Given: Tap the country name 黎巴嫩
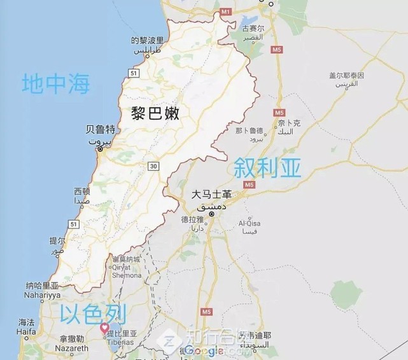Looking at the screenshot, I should pyautogui.click(x=156, y=114).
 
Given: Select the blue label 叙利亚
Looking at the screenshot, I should pyautogui.click(x=267, y=168).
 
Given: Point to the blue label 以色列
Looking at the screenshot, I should pyautogui.click(x=93, y=313).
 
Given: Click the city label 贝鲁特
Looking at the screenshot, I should pyautogui.click(x=99, y=130).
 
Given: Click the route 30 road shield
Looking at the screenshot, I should pyautogui.click(x=153, y=166).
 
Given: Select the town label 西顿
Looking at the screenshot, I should pyautogui.click(x=82, y=191).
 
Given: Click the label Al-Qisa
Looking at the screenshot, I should pyautogui.click(x=250, y=224).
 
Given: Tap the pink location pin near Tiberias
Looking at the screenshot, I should pyautogui.click(x=105, y=328).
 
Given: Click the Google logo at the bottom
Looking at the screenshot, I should pyautogui.click(x=204, y=351).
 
